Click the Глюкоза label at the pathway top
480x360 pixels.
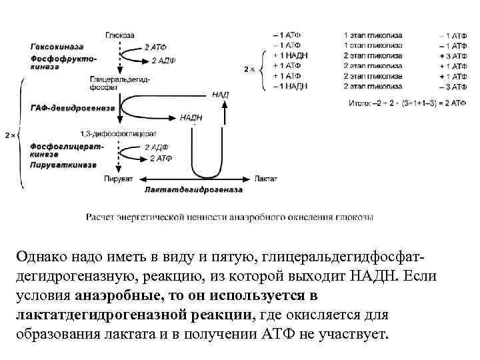coord(119,34)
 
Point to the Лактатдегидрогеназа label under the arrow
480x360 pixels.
coord(193,190)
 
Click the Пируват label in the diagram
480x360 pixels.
coord(119,179)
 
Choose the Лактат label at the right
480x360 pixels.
coord(264,179)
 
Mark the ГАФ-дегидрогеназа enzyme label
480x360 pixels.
coord(65,107)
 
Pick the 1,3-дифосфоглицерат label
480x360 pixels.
coord(117,133)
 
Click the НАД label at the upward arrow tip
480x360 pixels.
coord(221,95)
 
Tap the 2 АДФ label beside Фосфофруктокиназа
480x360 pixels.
coord(163,61)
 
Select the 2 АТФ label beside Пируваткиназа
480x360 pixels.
coord(161,158)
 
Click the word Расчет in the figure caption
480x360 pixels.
coord(100,217)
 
